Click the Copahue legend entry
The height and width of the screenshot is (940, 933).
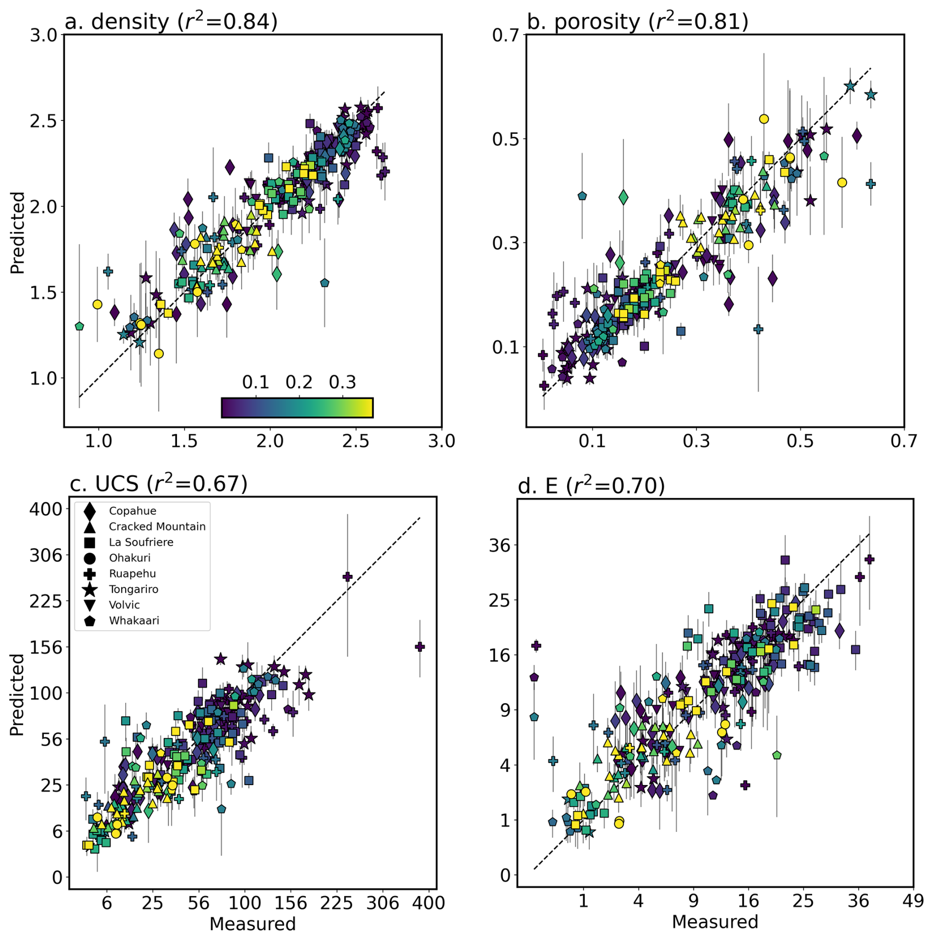132,511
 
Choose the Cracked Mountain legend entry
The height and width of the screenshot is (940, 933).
157,526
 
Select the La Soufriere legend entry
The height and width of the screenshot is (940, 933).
141,542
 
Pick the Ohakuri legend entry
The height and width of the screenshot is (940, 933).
129,558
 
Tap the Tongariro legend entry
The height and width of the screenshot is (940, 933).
133,589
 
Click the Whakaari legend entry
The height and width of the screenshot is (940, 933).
134,621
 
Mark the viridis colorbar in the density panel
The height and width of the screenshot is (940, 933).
297,408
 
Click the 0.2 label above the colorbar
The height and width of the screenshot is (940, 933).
299,382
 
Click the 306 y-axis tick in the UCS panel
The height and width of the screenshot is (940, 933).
46,556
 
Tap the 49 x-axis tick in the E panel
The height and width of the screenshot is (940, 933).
912,901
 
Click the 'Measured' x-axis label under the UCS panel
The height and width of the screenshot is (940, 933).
252,924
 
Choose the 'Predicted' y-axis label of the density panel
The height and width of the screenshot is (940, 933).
18,232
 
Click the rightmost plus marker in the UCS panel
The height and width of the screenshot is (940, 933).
420,647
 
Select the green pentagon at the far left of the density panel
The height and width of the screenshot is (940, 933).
79,326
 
